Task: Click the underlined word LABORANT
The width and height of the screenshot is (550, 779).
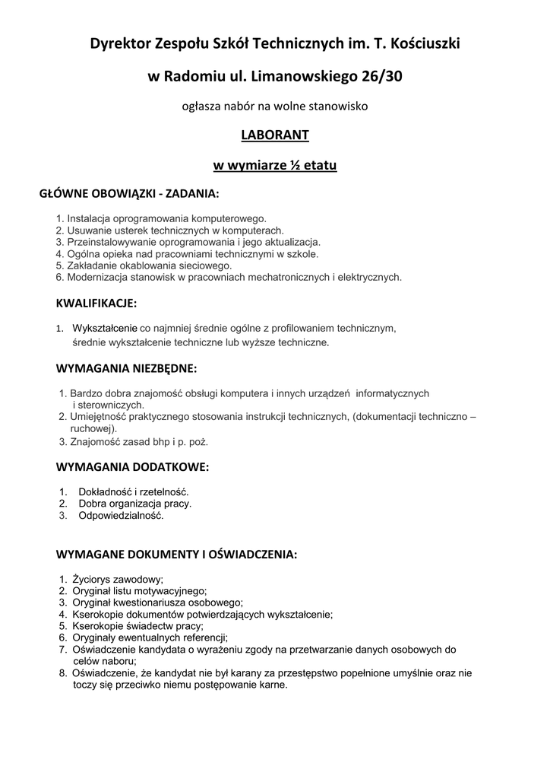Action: (274, 135)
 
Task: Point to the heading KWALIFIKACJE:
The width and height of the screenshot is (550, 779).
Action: (96, 304)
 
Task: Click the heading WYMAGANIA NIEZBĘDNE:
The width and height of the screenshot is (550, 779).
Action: (126, 369)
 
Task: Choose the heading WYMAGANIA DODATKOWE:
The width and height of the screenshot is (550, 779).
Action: (132, 466)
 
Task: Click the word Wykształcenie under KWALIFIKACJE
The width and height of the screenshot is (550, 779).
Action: (105, 329)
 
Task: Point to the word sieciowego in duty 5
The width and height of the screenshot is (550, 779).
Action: (207, 265)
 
